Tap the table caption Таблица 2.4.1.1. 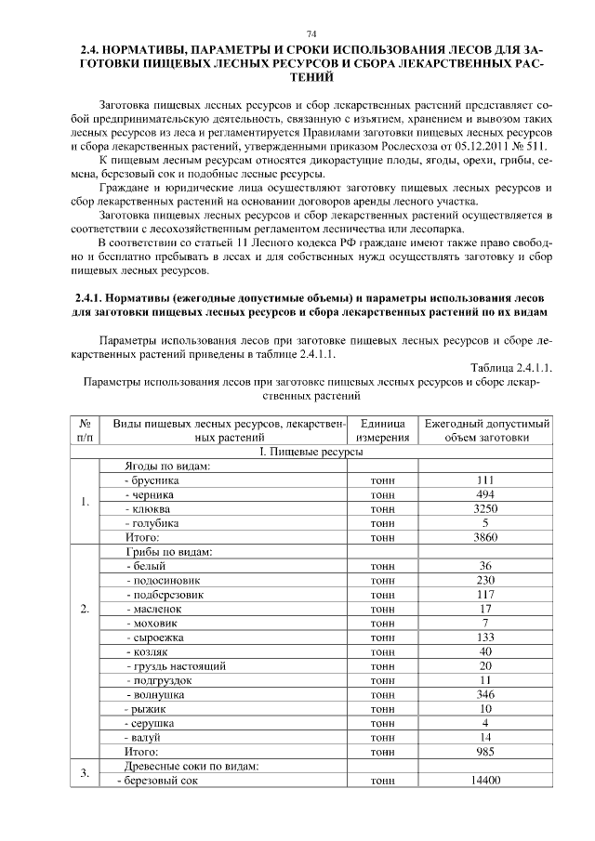pyautogui.click(x=511, y=367)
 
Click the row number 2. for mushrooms pyautogui.click(x=85, y=609)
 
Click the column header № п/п pyautogui.click(x=85, y=430)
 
